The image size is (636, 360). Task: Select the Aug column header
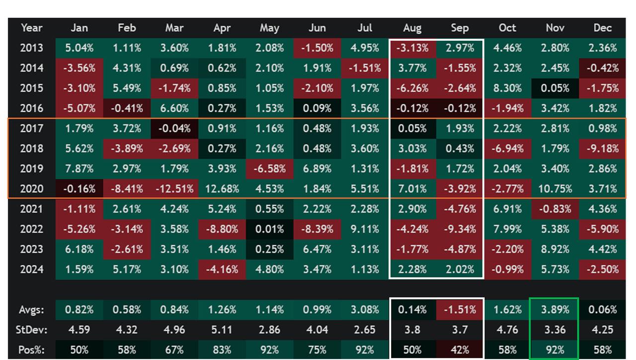point(412,28)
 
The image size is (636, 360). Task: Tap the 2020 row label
point(32,189)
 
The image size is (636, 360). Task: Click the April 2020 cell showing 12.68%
point(222,189)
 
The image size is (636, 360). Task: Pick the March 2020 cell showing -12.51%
point(174,189)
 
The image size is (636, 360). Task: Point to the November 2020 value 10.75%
point(555,189)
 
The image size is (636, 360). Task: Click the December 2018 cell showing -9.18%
point(602,148)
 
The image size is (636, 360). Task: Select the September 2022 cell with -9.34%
point(460,229)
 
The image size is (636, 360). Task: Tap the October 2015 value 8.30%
point(507,88)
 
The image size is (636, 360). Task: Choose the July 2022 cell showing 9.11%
point(364,229)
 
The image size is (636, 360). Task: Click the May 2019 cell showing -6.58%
point(269,169)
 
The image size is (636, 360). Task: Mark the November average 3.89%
point(555,310)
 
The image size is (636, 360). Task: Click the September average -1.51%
point(460,310)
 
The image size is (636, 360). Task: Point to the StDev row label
point(32,330)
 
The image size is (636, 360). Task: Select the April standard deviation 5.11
point(222,330)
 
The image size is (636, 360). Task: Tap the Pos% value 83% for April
point(222,350)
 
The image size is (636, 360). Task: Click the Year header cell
point(32,28)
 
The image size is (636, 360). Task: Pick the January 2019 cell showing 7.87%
point(79,169)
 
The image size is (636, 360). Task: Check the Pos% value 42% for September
point(460,350)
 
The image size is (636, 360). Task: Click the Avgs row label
point(32,310)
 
